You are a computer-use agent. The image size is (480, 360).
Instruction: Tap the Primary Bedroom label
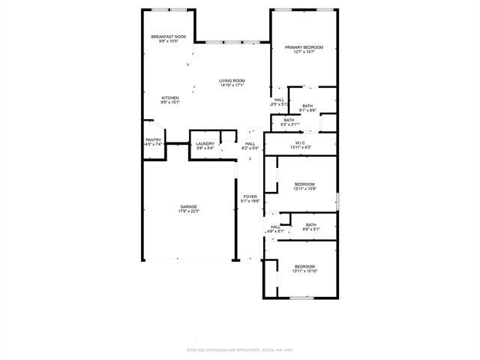(x=304, y=47)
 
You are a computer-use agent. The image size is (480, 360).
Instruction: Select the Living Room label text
(x=233, y=81)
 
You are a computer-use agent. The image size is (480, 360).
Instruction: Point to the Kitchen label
(x=170, y=98)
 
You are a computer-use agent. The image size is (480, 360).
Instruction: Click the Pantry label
(x=153, y=139)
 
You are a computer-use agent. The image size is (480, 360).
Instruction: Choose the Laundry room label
(x=205, y=144)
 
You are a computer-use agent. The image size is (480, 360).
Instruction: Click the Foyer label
(x=250, y=196)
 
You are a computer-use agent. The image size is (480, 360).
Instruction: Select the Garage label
(x=188, y=206)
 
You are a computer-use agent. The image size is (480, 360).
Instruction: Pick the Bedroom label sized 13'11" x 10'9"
(x=304, y=184)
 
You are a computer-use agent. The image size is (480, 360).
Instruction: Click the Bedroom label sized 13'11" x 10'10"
(x=304, y=267)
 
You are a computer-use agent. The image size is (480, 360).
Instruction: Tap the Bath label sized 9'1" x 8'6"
(x=307, y=106)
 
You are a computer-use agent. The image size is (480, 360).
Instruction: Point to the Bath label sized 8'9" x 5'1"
(x=310, y=224)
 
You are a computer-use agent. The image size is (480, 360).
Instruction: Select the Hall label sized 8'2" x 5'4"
(x=250, y=144)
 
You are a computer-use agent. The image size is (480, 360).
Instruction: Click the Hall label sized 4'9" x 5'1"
(x=275, y=226)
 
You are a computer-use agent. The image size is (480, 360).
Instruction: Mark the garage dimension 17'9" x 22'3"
(x=188, y=211)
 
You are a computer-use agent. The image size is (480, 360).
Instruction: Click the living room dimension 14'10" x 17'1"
(x=233, y=85)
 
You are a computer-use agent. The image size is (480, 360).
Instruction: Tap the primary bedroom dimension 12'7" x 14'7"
(x=304, y=52)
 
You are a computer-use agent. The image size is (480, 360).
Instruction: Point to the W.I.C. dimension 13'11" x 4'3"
(x=299, y=148)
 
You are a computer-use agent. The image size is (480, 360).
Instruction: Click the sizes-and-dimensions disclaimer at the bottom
(x=240, y=350)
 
